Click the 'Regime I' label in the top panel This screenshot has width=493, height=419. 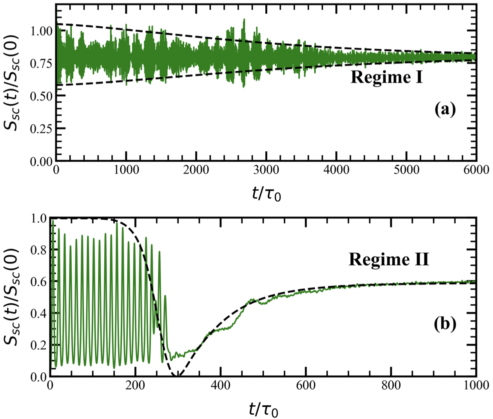click(x=386, y=77)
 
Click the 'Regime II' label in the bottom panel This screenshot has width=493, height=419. click(x=389, y=259)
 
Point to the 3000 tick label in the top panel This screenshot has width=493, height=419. click(x=266, y=170)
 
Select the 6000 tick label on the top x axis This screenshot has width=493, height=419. click(x=476, y=170)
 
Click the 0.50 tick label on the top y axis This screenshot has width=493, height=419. click(x=42, y=96)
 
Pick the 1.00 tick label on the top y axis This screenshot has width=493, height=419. click(x=42, y=31)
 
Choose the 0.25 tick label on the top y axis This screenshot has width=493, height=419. click(x=42, y=129)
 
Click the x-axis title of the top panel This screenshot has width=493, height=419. click(x=266, y=193)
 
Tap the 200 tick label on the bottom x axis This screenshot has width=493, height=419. click(x=135, y=385)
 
